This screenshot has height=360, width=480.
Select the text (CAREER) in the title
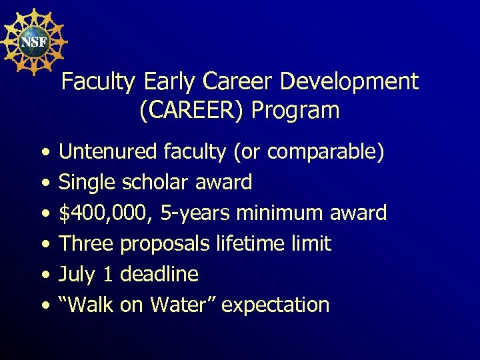192,110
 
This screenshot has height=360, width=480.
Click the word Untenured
108,152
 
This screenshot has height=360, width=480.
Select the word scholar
151,182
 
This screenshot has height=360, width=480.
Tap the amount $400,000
105,213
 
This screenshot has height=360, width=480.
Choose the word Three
86,243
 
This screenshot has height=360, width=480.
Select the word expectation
275,305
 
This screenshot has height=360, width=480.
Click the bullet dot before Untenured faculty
44,153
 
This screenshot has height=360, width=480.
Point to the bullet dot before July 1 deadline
44,275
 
